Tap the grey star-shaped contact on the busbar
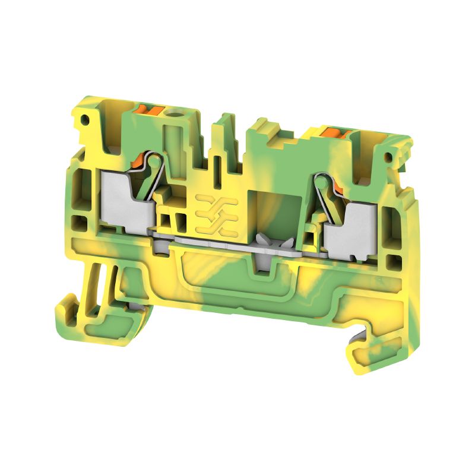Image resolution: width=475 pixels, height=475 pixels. point(270,242)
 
